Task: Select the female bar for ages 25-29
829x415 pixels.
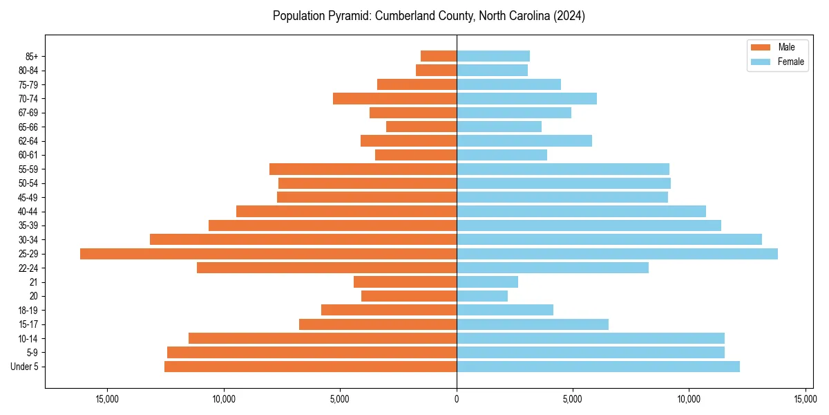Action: pyautogui.click(x=617, y=254)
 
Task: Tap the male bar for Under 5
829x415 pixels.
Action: pyautogui.click(x=310, y=367)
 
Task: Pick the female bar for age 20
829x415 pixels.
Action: pyautogui.click(x=482, y=296)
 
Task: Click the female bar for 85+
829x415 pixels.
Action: pyautogui.click(x=493, y=56)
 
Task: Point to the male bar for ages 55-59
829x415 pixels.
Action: pyautogui.click(x=363, y=169)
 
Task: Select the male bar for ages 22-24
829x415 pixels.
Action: pyautogui.click(x=327, y=268)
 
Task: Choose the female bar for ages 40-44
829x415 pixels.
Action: pyautogui.click(x=581, y=211)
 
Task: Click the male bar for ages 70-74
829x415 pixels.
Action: pyautogui.click(x=394, y=98)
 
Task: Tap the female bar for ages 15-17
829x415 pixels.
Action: pyautogui.click(x=533, y=324)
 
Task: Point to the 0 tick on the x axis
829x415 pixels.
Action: pyautogui.click(x=457, y=399)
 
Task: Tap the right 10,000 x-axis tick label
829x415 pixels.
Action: pyautogui.click(x=689, y=399)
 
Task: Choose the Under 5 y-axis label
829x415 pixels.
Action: pyautogui.click(x=25, y=367)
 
